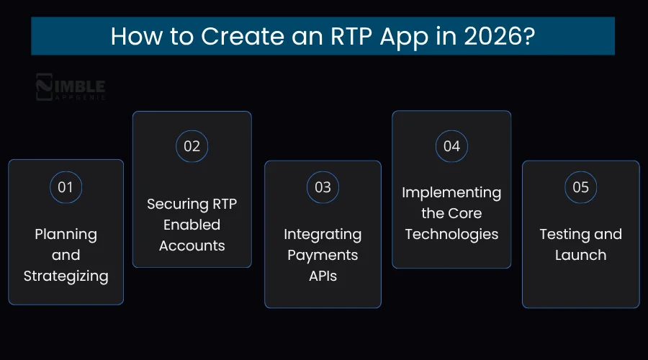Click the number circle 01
pyautogui.click(x=66, y=187)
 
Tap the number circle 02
pyautogui.click(x=192, y=145)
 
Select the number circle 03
pyautogui.click(x=323, y=187)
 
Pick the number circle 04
pyautogui.click(x=451, y=145)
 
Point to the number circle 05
pyautogui.click(x=580, y=187)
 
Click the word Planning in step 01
pyautogui.click(x=66, y=234)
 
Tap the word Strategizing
pyautogui.click(x=66, y=276)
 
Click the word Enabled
pyautogui.click(x=192, y=225)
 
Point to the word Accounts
pyautogui.click(x=192, y=246)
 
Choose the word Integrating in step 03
pyautogui.click(x=323, y=234)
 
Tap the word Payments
pyautogui.click(x=323, y=255)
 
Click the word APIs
pyautogui.click(x=323, y=276)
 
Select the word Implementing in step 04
pyautogui.click(x=451, y=192)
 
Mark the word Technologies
pyautogui.click(x=451, y=234)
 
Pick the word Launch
pyautogui.click(x=580, y=255)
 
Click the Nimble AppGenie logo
pyautogui.click(x=71, y=88)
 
